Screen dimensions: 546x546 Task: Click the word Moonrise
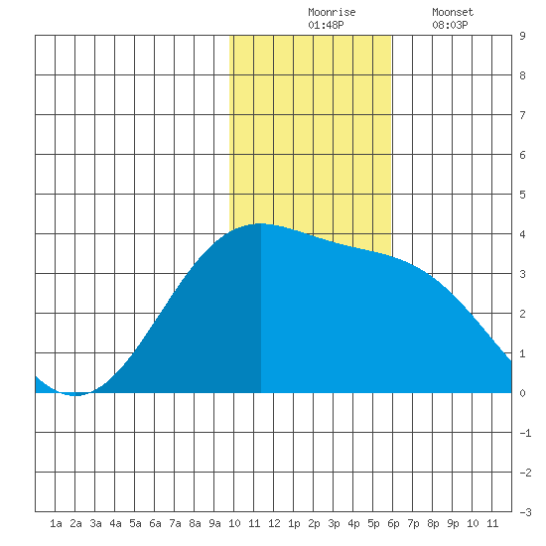[x=332, y=12]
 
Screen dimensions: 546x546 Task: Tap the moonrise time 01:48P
[x=326, y=25]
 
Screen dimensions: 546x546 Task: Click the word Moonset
[x=453, y=12]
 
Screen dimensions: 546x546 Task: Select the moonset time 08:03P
[x=450, y=25]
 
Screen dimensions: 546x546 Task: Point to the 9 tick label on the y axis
[x=522, y=36]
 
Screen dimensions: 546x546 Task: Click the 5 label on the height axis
[x=522, y=195]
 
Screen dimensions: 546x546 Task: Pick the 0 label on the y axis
[x=522, y=393]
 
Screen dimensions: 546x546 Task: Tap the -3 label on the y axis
[x=525, y=512]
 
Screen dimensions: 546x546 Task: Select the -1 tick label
[x=525, y=433]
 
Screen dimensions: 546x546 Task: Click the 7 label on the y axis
[x=522, y=115]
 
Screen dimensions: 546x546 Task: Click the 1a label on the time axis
[x=56, y=523]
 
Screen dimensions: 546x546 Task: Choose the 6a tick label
[x=155, y=523]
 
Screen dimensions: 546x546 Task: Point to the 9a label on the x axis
[x=214, y=523]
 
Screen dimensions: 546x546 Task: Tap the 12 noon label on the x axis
[x=274, y=523]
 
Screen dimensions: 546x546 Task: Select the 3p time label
[x=334, y=523]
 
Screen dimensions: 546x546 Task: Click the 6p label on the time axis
[x=393, y=523]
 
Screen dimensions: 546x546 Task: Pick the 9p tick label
[x=453, y=523]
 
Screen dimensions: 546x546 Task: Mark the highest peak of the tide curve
[x=260, y=223]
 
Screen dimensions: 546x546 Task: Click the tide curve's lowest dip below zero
[x=75, y=395]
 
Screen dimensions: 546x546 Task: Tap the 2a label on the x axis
[x=75, y=523]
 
